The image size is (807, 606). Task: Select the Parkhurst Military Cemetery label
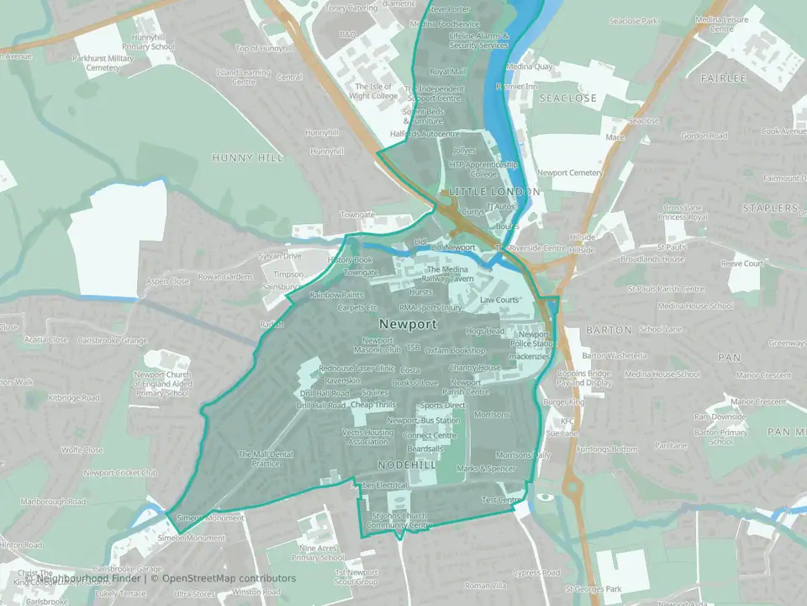[x=103, y=63]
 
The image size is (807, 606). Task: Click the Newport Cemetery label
[x=571, y=173]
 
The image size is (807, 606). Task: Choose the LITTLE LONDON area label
[x=494, y=192]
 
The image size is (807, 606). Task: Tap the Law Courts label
[x=499, y=300]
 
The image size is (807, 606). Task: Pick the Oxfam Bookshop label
[x=455, y=350]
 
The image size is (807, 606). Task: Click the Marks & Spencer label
[x=486, y=468]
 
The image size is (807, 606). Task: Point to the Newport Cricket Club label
[x=120, y=473]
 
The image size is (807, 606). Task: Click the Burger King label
[x=563, y=403]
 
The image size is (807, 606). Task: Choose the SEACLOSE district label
[x=568, y=98]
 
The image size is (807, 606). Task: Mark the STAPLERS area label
[x=771, y=207]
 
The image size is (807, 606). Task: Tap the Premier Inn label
[x=517, y=86]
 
